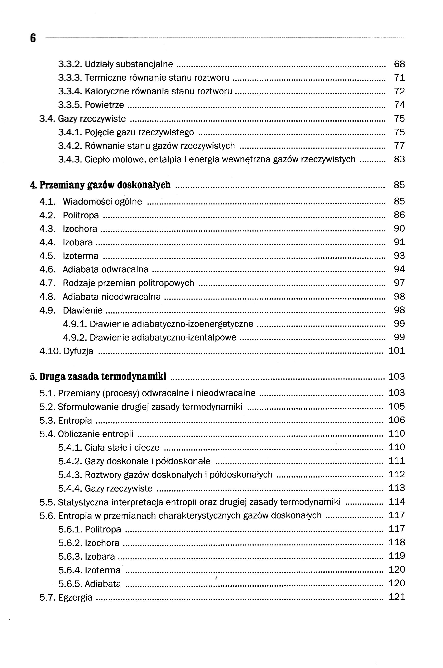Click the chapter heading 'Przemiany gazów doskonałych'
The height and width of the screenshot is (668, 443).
click(105, 185)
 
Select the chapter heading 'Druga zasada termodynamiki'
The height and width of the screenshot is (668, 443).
click(103, 377)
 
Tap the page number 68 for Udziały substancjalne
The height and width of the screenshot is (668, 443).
click(399, 64)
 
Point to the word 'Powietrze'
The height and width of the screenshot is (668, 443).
click(104, 105)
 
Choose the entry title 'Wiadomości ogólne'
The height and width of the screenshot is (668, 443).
click(102, 202)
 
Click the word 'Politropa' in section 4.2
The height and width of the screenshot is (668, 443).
click(81, 215)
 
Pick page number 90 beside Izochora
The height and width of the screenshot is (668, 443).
click(399, 228)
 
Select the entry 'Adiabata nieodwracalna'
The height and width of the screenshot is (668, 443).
click(112, 297)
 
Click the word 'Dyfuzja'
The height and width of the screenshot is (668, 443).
click(78, 351)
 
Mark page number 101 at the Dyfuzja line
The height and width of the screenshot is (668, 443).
click(397, 351)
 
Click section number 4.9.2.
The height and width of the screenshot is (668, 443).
click(75, 338)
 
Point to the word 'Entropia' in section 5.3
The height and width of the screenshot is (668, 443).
click(75, 421)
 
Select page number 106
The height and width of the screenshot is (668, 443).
click(397, 420)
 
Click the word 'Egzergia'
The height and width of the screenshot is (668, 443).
click(75, 598)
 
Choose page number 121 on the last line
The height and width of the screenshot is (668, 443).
click(397, 597)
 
